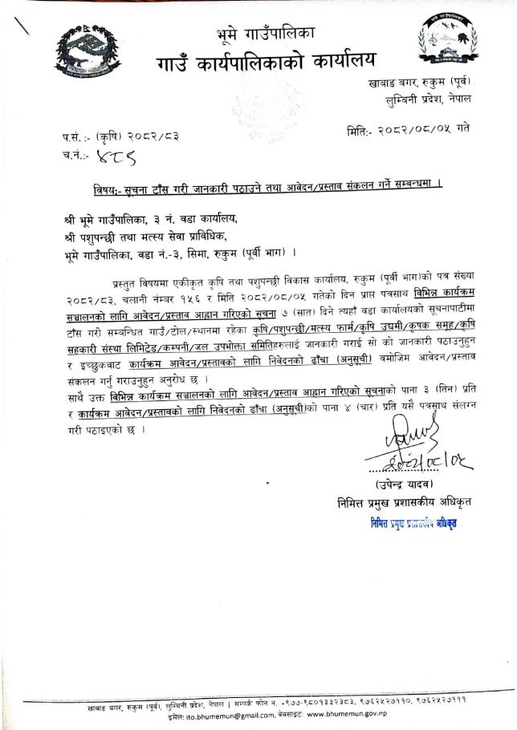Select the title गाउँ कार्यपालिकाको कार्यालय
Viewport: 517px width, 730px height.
(265, 61)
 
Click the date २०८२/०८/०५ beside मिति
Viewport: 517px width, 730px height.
(425, 129)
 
